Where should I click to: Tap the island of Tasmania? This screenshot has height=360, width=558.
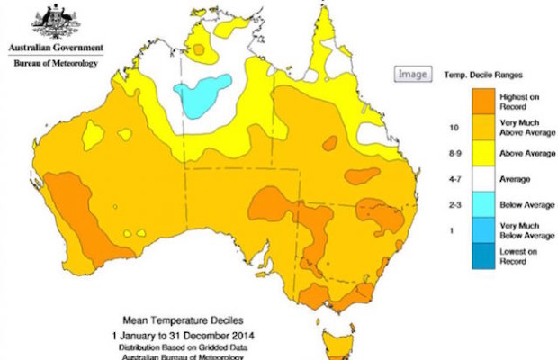(x=340, y=346)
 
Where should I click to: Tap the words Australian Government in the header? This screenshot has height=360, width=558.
(x=55, y=47)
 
